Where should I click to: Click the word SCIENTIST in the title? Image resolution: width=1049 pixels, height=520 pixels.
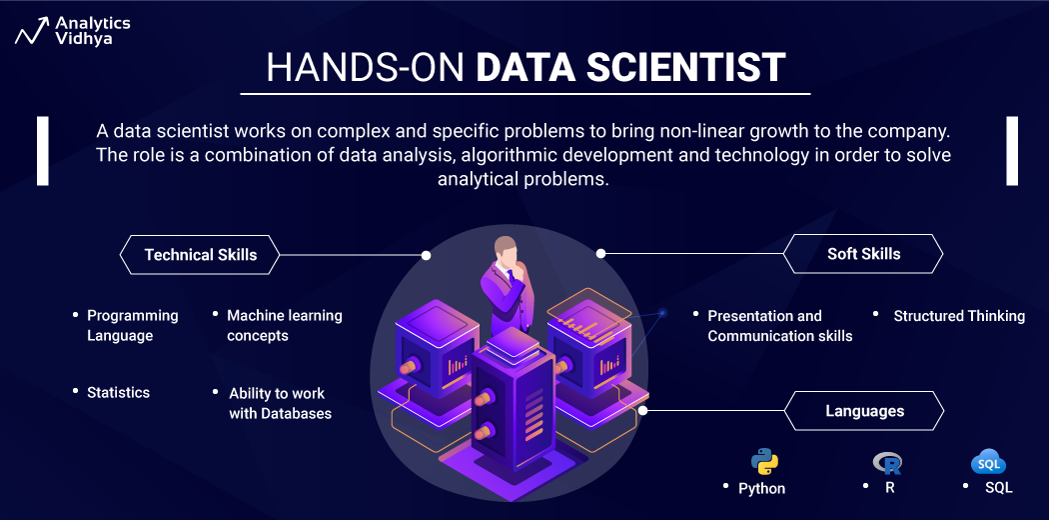(x=699, y=68)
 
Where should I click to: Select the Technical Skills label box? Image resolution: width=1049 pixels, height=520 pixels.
(x=200, y=255)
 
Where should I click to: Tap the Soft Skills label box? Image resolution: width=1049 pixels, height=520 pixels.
(x=863, y=254)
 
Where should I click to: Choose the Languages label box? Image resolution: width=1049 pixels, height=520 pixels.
(x=864, y=411)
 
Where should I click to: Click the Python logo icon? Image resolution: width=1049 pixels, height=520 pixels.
(x=764, y=462)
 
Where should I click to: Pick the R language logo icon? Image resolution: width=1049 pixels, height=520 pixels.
(x=887, y=462)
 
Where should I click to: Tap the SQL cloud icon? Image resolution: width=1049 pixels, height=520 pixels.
(x=988, y=463)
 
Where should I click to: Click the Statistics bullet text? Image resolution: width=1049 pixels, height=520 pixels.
(x=118, y=393)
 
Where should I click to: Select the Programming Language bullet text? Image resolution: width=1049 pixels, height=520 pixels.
(x=132, y=326)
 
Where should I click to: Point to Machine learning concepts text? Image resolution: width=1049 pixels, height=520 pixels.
(x=284, y=326)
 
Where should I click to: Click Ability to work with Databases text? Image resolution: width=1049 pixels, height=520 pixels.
(x=280, y=403)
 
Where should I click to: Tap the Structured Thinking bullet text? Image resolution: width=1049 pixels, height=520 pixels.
(x=959, y=316)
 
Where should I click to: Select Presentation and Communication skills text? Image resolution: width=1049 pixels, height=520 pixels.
(x=779, y=326)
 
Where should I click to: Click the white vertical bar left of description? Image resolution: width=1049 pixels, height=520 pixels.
(x=43, y=151)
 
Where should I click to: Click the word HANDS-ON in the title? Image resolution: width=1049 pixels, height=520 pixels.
(x=366, y=68)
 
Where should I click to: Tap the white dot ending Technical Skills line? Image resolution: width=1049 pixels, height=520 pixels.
(x=427, y=255)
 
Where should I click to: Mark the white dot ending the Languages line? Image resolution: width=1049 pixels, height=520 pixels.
(x=643, y=410)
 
